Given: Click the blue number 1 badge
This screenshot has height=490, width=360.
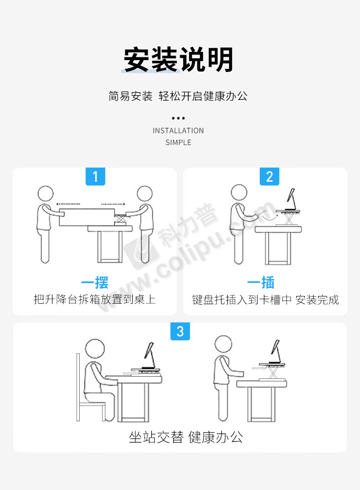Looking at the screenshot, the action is (95, 177).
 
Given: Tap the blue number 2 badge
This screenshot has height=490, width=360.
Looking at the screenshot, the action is (269, 177).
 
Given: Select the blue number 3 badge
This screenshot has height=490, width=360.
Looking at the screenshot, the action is (180, 332).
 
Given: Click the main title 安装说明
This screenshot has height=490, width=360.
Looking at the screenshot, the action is (178, 59).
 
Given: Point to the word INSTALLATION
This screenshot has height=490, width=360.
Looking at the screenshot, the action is (178, 131).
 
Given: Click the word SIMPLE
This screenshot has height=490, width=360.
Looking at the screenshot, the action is (178, 143).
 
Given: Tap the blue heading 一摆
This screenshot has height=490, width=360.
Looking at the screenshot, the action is (95, 282).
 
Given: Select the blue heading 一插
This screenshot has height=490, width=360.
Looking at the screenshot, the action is (261, 282).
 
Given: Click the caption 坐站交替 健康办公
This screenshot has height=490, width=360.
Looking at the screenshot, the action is (186, 437).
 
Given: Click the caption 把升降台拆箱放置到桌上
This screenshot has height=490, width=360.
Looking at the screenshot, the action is (95, 299).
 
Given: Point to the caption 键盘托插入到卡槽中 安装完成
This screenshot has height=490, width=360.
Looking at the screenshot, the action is (266, 300).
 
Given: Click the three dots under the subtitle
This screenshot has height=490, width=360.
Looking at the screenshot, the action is (178, 118).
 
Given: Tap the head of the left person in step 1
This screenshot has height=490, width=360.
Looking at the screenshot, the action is (46, 194).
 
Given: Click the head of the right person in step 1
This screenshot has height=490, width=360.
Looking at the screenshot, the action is (145, 194).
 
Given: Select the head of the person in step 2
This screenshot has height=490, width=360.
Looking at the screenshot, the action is (239, 192).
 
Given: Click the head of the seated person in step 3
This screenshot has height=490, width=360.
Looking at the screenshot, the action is (95, 348).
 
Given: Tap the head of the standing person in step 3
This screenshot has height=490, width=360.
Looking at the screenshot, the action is (223, 344).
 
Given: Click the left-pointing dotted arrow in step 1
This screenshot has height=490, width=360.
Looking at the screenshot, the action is (68, 204).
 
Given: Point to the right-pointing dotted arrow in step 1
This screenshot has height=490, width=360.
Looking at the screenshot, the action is (113, 204).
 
